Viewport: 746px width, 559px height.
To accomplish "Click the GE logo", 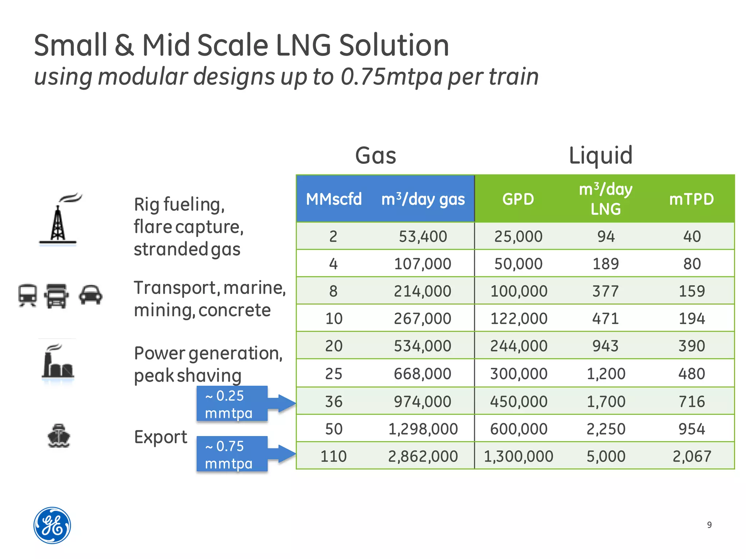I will tap(52, 525).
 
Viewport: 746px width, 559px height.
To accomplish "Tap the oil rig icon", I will tap(58, 220).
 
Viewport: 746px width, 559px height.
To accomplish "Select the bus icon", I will tap(28, 295).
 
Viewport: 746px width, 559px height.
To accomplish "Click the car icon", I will tap(90, 294).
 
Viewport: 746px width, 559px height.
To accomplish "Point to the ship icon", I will tap(59, 436).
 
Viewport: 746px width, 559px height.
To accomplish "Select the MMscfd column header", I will tap(334, 199).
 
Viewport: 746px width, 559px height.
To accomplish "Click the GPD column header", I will tap(518, 199).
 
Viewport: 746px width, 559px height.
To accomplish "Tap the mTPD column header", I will tap(691, 199).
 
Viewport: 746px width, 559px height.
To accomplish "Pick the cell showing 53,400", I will tap(423, 237).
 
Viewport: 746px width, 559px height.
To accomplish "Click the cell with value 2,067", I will tap(691, 456).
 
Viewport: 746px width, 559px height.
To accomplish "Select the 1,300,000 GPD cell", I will tap(518, 456).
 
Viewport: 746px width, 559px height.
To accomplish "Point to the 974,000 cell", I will tap(423, 401).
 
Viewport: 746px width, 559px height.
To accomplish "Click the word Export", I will tap(161, 437).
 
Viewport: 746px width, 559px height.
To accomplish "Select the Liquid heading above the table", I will tap(600, 155).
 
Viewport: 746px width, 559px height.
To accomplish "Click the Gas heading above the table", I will tap(376, 155).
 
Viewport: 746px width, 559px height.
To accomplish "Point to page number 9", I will tap(709, 525).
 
